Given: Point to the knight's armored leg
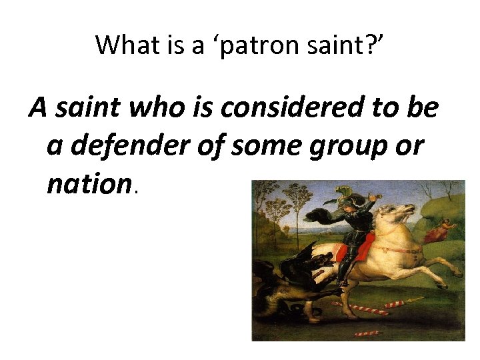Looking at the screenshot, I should coord(346,267).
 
